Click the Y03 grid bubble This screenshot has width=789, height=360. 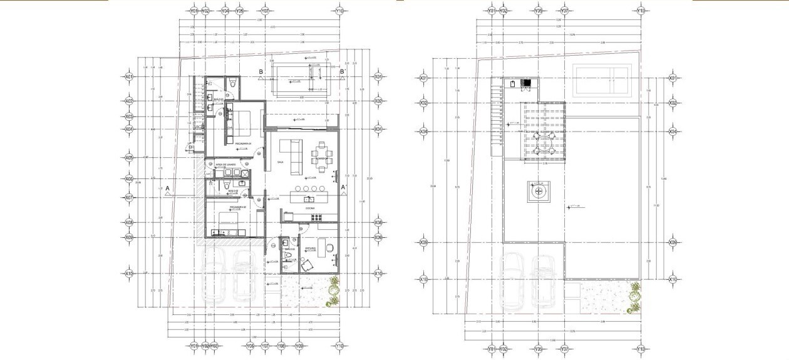pos(214,346)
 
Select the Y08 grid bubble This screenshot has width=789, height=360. pos(281,346)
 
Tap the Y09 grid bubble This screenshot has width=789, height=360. pos(299,346)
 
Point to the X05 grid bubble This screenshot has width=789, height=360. pos(129,158)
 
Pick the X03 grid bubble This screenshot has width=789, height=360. pos(129,116)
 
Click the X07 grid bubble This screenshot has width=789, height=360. pos(129,198)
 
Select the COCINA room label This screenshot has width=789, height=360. pos(309,208)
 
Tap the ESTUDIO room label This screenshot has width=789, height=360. pos(310,249)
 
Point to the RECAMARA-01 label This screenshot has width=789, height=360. pos(243,144)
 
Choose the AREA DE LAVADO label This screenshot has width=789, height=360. pos(225,165)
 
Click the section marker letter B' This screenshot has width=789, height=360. pos(343,72)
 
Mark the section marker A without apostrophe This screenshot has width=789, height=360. pos(167,188)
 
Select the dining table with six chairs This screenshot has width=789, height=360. pos(321,152)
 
